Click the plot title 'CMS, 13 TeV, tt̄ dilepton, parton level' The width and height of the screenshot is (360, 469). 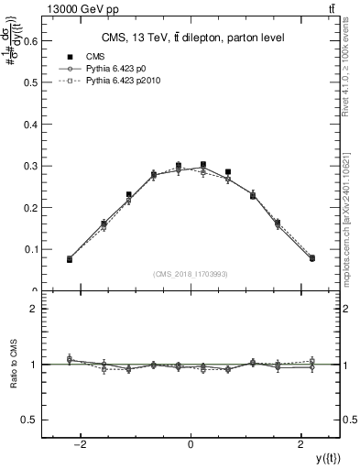[x=191, y=37]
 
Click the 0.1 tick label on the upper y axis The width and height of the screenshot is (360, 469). [x=30, y=249]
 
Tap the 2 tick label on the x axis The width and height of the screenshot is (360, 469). [x=301, y=445]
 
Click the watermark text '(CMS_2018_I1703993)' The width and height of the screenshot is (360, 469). [x=191, y=274]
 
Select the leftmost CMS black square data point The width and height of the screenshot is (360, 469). [x=70, y=259]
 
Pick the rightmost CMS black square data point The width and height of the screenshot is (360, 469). [x=311, y=258]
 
